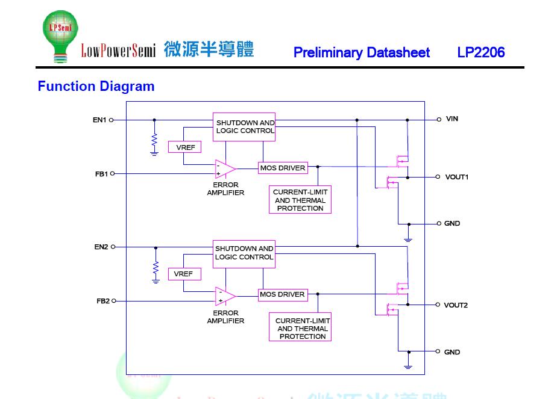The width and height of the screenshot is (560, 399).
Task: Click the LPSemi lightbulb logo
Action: click(x=60, y=36)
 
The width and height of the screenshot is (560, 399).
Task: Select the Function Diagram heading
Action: click(x=96, y=86)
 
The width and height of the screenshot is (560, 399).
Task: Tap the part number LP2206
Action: click(x=480, y=52)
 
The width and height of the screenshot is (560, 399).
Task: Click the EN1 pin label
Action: click(x=99, y=120)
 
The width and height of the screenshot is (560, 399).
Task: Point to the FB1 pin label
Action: click(x=101, y=174)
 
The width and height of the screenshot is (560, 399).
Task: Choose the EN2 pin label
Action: click(x=101, y=247)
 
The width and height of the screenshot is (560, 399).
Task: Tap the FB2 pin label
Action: click(x=103, y=301)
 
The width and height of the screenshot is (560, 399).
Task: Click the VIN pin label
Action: click(x=451, y=119)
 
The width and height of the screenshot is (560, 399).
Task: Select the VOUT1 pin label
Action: click(x=456, y=177)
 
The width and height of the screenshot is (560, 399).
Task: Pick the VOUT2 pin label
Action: click(x=456, y=305)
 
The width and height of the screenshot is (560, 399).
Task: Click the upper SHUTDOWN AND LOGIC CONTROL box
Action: click(x=244, y=127)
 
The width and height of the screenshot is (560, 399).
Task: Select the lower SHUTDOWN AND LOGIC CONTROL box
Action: click(x=244, y=253)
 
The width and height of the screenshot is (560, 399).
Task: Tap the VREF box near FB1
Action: click(x=184, y=147)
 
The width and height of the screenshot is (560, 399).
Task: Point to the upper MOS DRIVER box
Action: click(x=283, y=168)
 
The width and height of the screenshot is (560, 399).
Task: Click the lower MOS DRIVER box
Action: click(x=283, y=295)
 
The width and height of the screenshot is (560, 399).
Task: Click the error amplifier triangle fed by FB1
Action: click(x=225, y=169)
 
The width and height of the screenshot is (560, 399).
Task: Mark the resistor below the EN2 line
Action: click(x=156, y=267)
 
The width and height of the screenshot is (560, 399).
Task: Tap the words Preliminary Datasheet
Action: click(x=362, y=52)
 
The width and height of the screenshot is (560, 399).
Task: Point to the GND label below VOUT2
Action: click(x=451, y=352)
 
